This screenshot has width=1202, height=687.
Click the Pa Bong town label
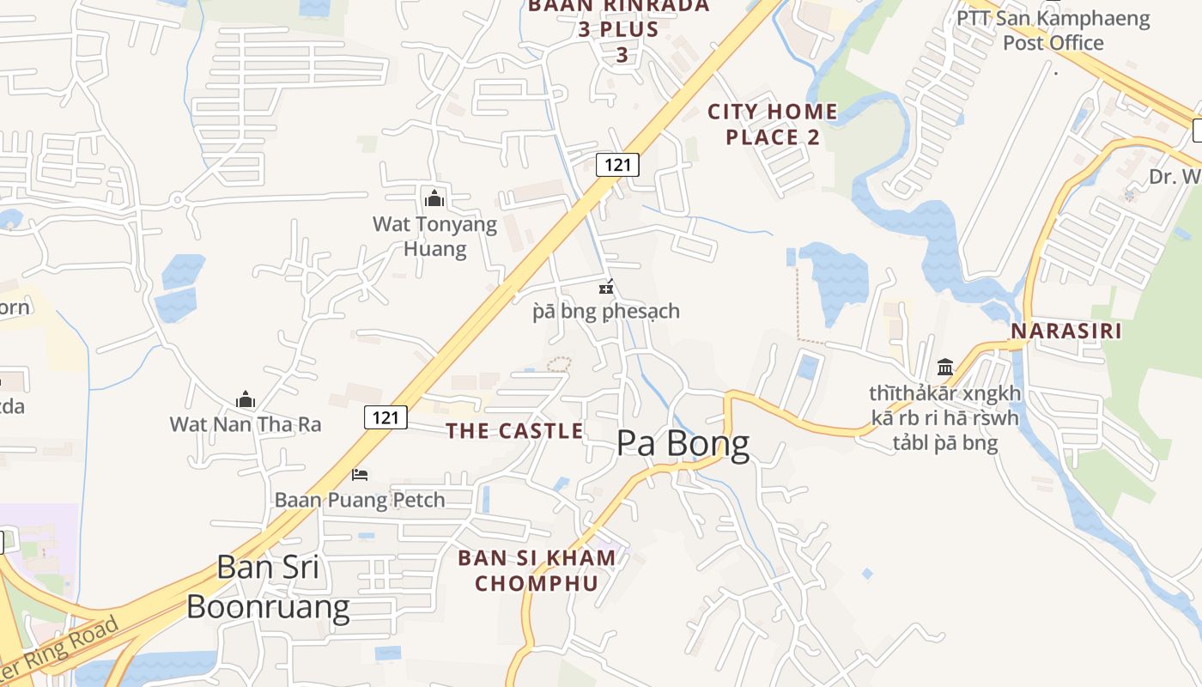click(x=683, y=444)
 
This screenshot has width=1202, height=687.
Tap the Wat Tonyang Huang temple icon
click(x=434, y=198)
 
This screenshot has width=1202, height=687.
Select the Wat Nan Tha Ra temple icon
click(x=246, y=399)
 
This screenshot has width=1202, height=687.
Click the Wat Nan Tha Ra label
click(x=246, y=424)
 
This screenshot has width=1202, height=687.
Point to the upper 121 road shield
click(x=617, y=164)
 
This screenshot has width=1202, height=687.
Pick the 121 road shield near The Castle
click(x=385, y=417)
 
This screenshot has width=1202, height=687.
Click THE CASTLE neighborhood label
click(x=514, y=431)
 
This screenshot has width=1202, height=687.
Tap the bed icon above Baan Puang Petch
click(x=360, y=475)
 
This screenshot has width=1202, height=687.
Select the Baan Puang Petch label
click(x=360, y=500)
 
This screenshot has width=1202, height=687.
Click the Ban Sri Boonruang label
click(x=268, y=587)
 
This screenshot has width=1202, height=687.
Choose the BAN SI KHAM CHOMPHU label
click(x=537, y=570)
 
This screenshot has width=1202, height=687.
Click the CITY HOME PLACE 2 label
click(x=773, y=124)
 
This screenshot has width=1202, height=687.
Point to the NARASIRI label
click(x=1065, y=331)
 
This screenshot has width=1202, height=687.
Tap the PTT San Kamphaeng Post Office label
click(x=1053, y=30)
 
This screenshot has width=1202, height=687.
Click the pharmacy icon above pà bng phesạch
click(x=606, y=288)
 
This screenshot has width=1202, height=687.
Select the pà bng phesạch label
click(x=606, y=311)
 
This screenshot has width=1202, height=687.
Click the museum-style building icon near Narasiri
click(x=945, y=368)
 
